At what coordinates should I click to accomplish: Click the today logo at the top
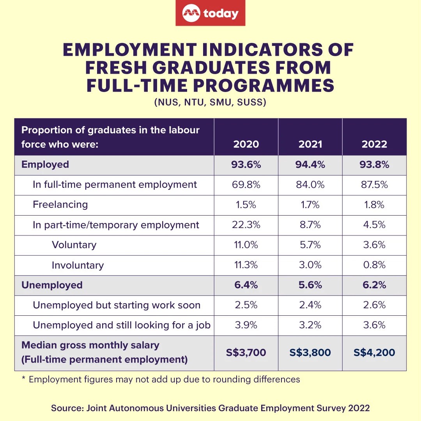[x=210, y=14]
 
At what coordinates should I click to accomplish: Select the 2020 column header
[x=246, y=144]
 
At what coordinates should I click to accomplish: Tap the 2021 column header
[x=310, y=144]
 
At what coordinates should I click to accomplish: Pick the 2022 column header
[x=374, y=144]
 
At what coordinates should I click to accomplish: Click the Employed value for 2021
[x=310, y=165]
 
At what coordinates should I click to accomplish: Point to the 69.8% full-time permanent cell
[x=246, y=185]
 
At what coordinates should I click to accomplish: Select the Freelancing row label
[x=60, y=205]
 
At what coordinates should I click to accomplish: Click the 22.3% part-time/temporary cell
[x=246, y=225]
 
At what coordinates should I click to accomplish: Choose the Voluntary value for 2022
[x=374, y=245]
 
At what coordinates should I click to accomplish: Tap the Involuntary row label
[x=78, y=265]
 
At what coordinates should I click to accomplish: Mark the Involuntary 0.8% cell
[x=374, y=265]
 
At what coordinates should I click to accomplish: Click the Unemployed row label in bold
[x=52, y=285]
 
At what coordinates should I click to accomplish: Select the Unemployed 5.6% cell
[x=310, y=285]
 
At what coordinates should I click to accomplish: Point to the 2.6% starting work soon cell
[x=374, y=305]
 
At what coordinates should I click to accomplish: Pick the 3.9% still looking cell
[x=246, y=325]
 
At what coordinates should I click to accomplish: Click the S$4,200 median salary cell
[x=374, y=353]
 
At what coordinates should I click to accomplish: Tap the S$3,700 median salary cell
[x=246, y=353]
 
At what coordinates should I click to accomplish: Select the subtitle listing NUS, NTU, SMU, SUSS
[x=210, y=103]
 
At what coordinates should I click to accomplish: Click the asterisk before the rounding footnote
[x=23, y=379]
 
